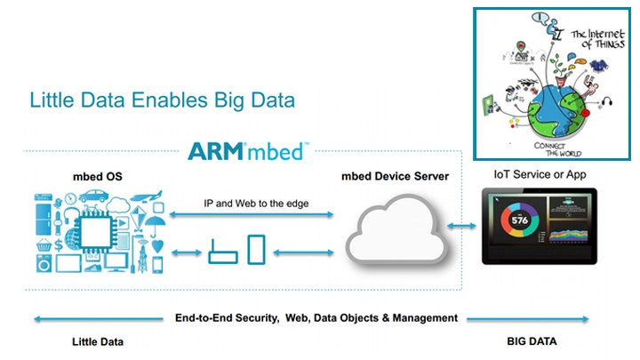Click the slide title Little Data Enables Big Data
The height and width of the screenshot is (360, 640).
(x=162, y=99)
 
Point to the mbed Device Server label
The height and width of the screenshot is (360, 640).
(x=396, y=176)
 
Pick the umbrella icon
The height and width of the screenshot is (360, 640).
(x=156, y=227)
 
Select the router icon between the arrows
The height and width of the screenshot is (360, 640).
(x=220, y=254)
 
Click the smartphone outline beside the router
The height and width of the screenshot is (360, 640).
(x=256, y=249)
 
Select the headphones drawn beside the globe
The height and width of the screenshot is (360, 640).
(x=612, y=100)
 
